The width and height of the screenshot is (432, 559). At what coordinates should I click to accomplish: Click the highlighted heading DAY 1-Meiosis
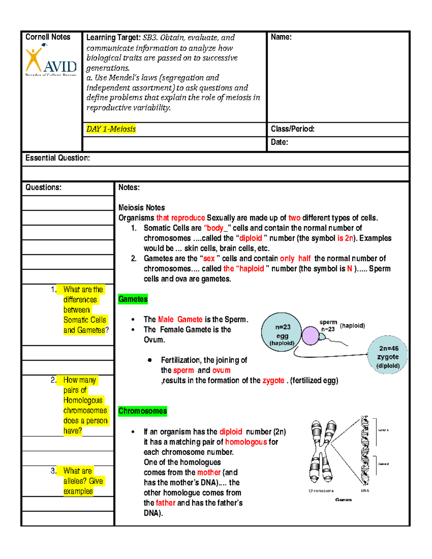pyautogui.click(x=111, y=129)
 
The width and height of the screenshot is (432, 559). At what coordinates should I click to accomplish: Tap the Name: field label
pyautogui.click(x=281, y=37)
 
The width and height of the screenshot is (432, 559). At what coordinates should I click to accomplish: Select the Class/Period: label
pyautogui.click(x=292, y=129)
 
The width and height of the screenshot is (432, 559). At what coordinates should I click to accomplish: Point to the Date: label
pyautogui.click(x=279, y=142)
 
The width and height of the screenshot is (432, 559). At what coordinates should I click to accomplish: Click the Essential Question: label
pyautogui.click(x=58, y=158)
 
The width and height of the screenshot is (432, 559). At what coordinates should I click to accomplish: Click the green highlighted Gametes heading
pyautogui.click(x=133, y=299)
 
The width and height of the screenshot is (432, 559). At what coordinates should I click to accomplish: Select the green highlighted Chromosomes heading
pyautogui.click(x=143, y=411)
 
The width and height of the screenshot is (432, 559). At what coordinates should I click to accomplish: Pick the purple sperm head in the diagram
pyautogui.click(x=310, y=336)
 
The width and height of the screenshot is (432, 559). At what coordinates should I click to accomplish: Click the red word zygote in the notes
pyautogui.click(x=273, y=380)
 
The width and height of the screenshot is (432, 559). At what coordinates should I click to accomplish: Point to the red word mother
pyautogui.click(x=209, y=472)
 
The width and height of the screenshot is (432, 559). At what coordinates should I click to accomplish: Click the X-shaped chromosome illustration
pyautogui.click(x=321, y=451)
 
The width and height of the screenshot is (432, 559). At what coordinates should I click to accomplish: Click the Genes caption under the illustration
pyautogui.click(x=343, y=500)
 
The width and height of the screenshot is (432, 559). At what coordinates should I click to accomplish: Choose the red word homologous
pyautogui.click(x=246, y=442)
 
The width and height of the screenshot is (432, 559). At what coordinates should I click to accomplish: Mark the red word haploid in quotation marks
pyautogui.click(x=251, y=269)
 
